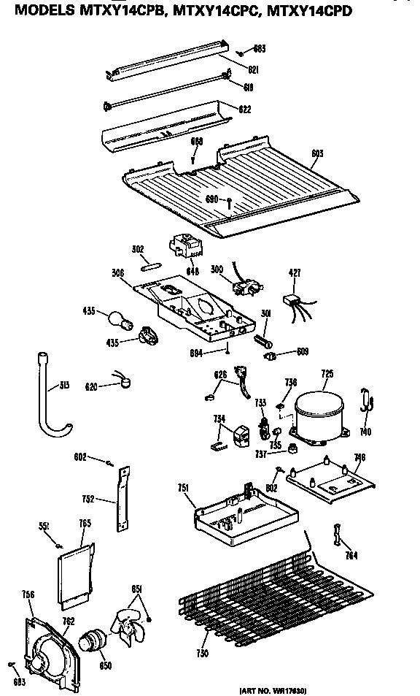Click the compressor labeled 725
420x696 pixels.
(x=318, y=413)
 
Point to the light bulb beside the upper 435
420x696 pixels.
(x=117, y=318)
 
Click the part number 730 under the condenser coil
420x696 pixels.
(x=201, y=653)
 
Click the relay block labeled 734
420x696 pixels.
(x=239, y=435)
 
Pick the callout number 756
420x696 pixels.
(x=28, y=595)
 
